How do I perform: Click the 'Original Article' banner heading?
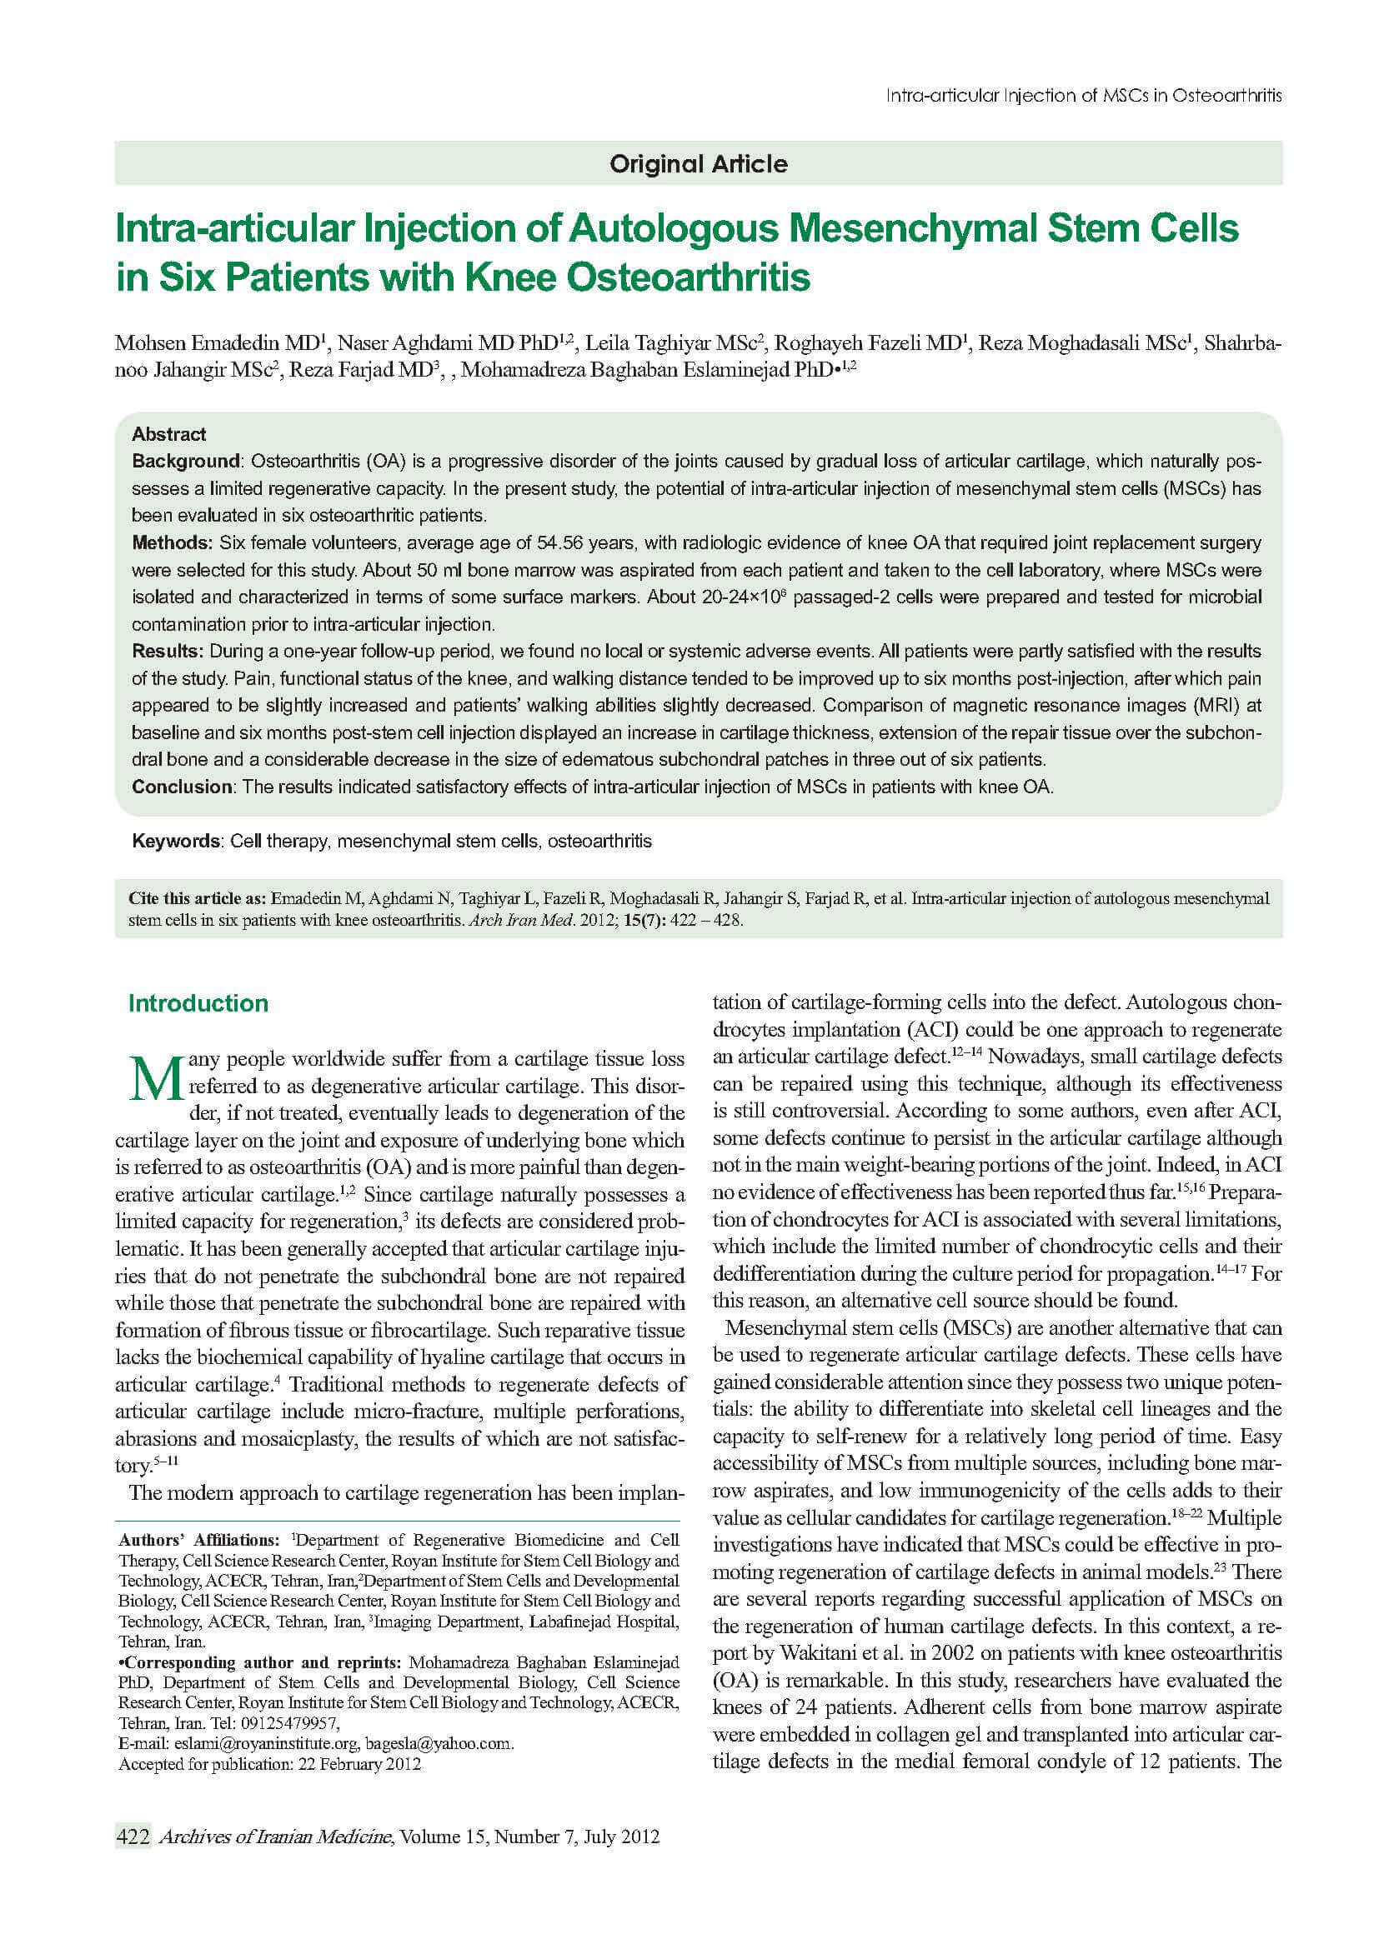pyautogui.click(x=698, y=164)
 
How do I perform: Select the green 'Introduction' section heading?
pyautogui.click(x=198, y=1003)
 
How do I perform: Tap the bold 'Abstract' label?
pyautogui.click(x=169, y=435)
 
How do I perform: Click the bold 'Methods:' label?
pyautogui.click(x=173, y=543)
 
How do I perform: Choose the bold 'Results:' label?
pyautogui.click(x=168, y=652)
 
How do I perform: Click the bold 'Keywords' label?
pyautogui.click(x=176, y=842)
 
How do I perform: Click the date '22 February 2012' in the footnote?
pyautogui.click(x=358, y=1765)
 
